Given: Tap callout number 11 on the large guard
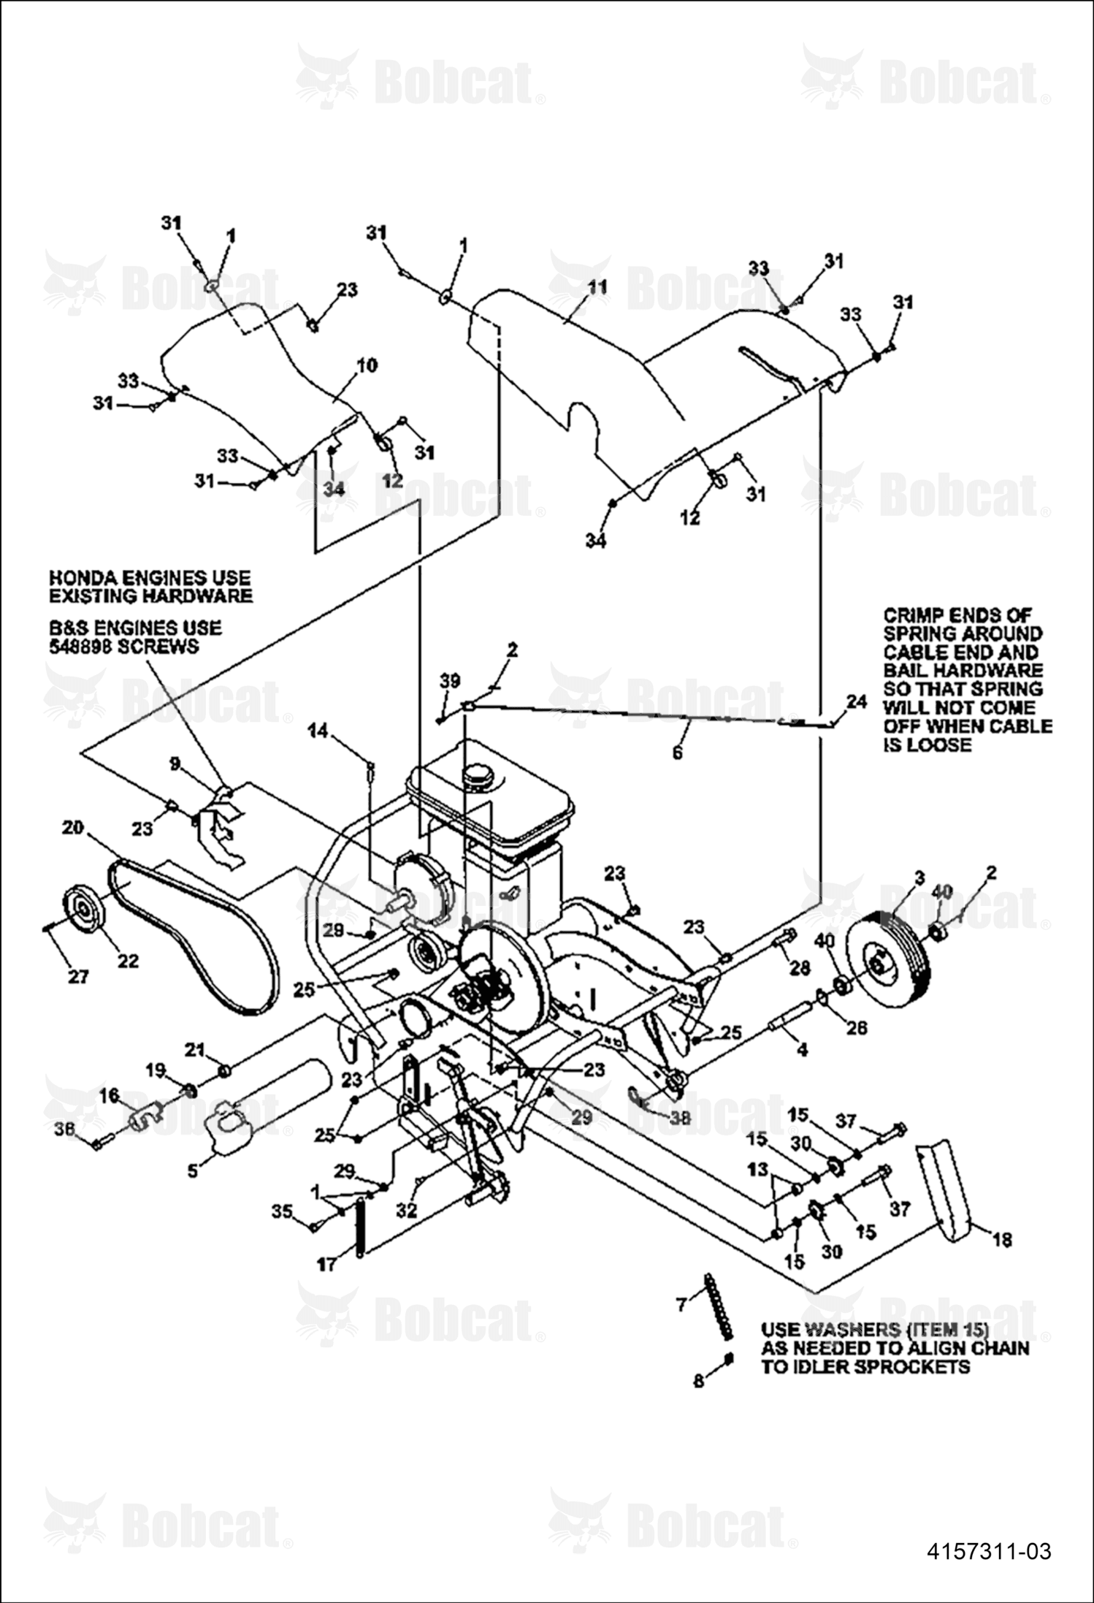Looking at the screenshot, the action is point(597,287).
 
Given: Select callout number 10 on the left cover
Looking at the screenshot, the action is point(367,365).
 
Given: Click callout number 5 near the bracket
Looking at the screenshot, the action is point(192,1171).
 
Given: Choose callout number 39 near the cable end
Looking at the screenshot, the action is point(450,681).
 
